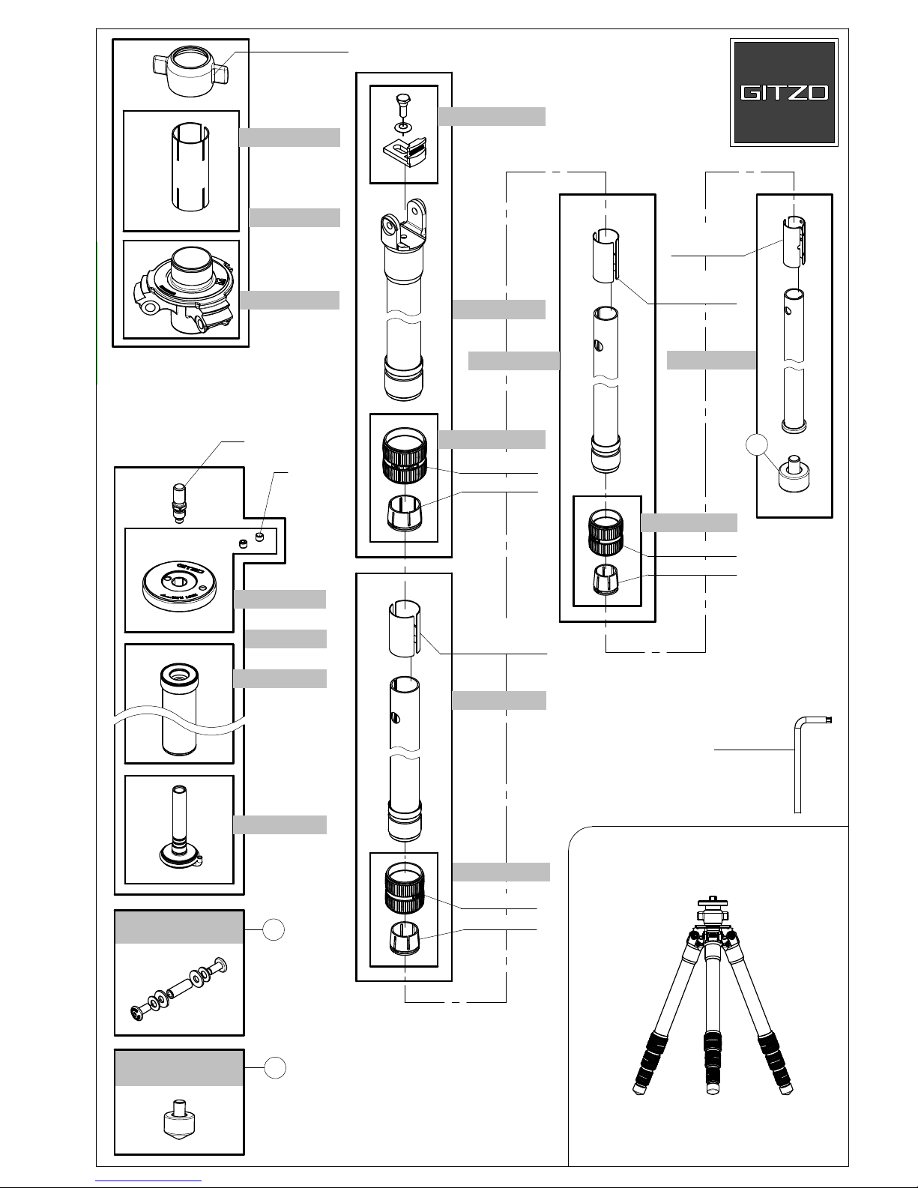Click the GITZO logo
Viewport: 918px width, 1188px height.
(784, 92)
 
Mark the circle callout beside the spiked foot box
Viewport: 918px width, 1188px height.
(276, 1068)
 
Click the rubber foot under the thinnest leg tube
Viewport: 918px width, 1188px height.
(794, 475)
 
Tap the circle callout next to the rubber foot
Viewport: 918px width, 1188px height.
(758, 445)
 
